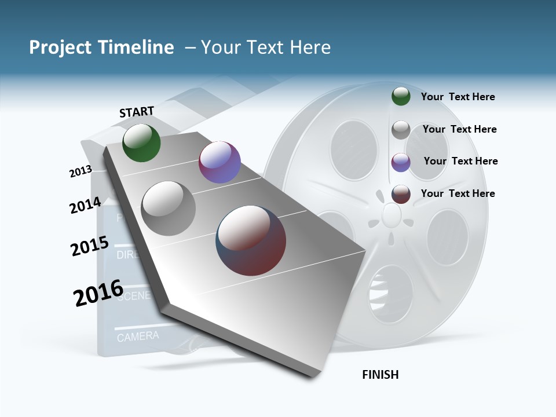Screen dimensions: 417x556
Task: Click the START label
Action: click(x=137, y=112)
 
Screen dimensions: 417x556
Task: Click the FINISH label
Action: click(x=381, y=375)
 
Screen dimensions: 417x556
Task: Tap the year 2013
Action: click(x=81, y=171)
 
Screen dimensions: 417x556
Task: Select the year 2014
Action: click(x=85, y=205)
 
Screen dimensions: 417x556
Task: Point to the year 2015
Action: click(x=90, y=246)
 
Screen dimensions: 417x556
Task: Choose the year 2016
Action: click(x=98, y=293)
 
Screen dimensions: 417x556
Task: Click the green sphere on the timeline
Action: click(x=141, y=142)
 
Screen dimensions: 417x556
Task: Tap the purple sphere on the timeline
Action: click(x=220, y=162)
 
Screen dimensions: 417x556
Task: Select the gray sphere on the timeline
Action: click(x=169, y=209)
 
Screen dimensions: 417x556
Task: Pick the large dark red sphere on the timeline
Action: click(x=251, y=240)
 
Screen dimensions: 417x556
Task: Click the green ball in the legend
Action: click(x=401, y=96)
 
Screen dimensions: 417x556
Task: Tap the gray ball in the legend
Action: click(x=401, y=130)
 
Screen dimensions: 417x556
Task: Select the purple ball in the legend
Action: click(x=401, y=162)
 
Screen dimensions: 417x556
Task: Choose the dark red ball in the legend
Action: click(x=401, y=194)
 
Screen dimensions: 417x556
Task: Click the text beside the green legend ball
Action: click(x=458, y=97)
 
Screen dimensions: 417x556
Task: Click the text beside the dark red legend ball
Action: click(x=458, y=193)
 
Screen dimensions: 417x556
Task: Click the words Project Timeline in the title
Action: click(x=101, y=47)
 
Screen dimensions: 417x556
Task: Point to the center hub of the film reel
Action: click(x=392, y=216)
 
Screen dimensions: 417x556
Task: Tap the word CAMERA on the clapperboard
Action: click(x=138, y=336)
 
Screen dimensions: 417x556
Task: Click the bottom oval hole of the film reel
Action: click(x=391, y=292)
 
